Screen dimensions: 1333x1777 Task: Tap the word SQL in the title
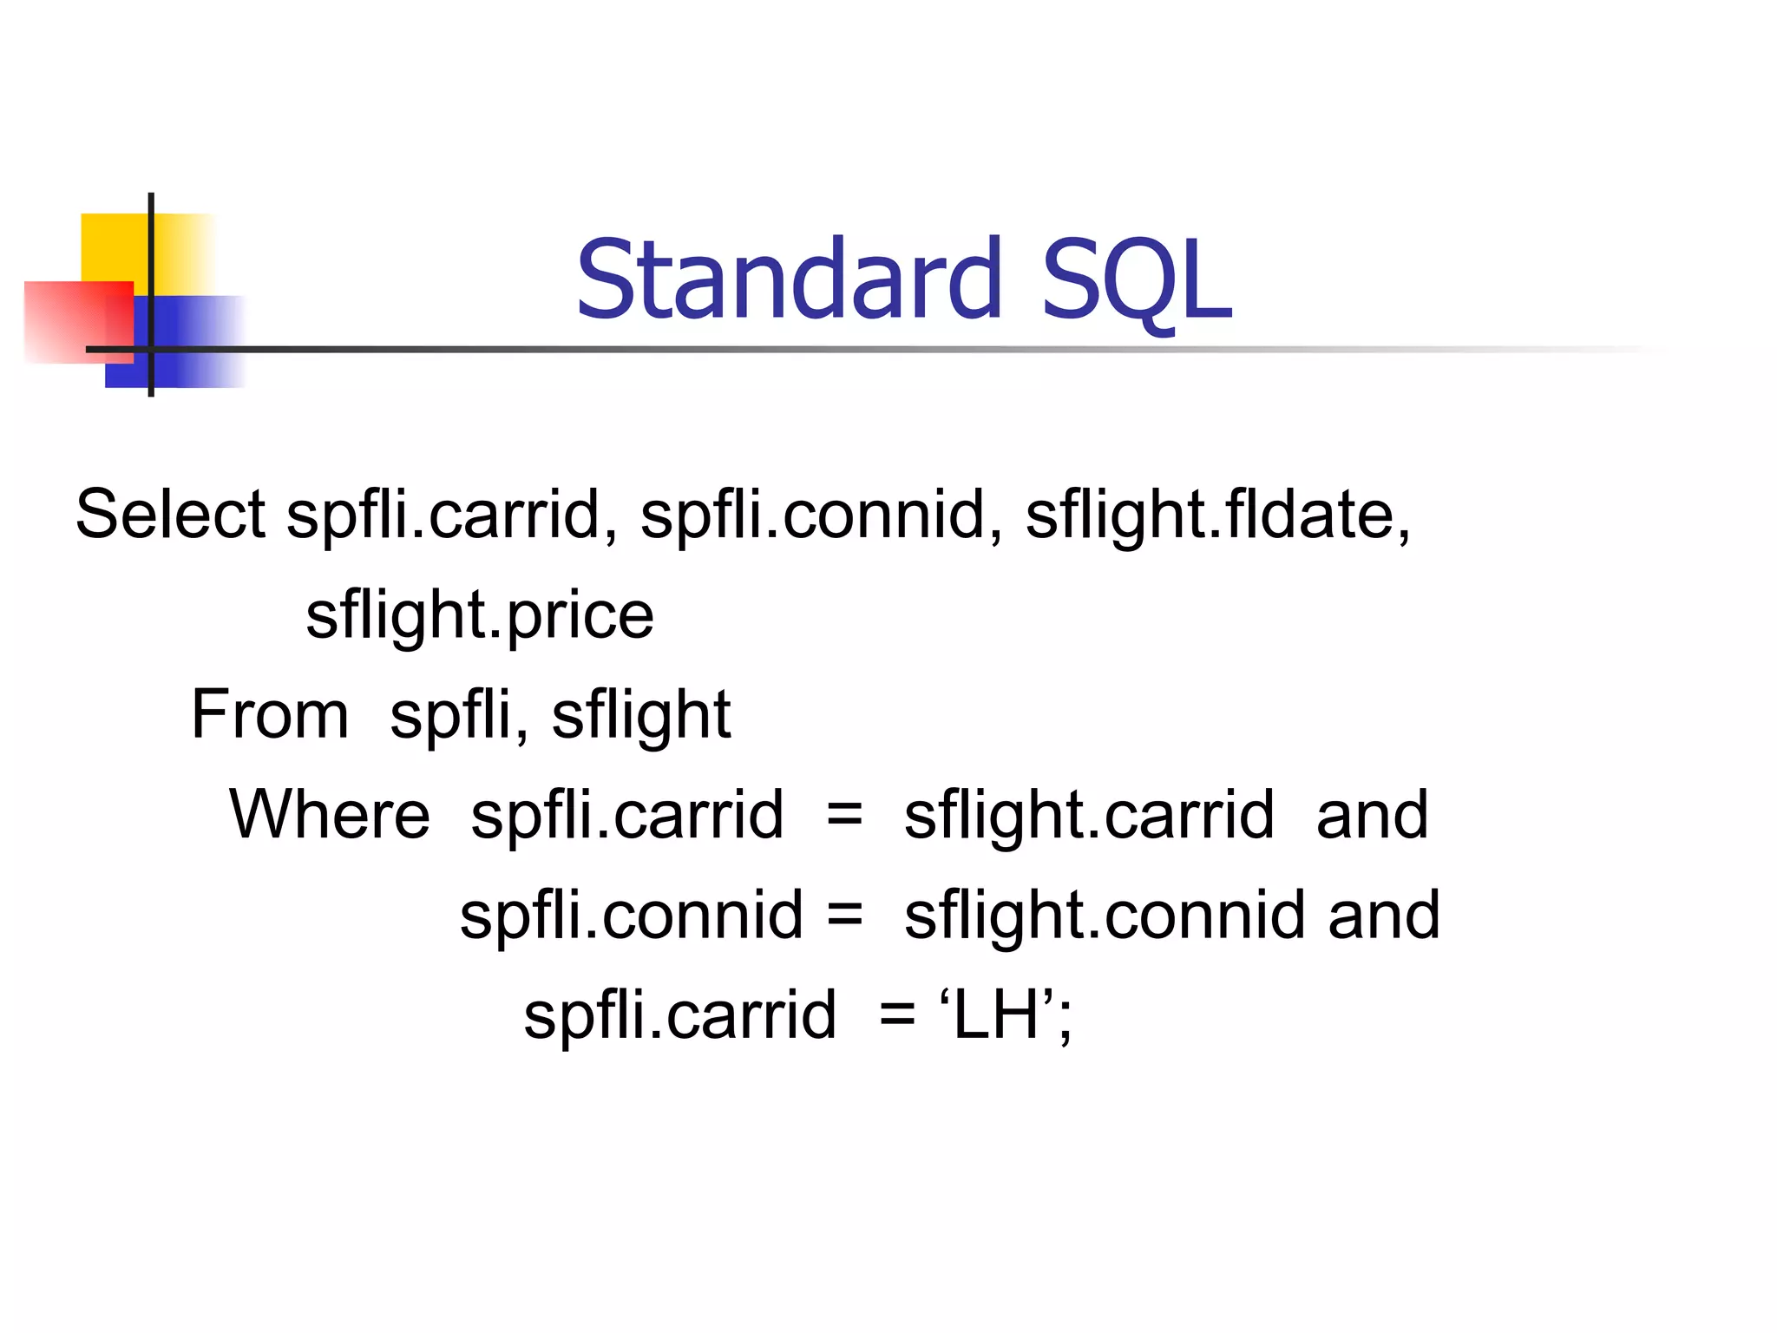click(1136, 280)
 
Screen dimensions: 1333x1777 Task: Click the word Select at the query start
click(170, 514)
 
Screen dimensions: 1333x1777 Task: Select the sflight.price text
click(480, 615)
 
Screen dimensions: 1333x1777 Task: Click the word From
click(270, 714)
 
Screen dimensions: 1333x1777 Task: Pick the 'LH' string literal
click(997, 1015)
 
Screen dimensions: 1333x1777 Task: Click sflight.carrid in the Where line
click(1089, 816)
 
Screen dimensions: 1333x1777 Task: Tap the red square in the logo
click(69, 321)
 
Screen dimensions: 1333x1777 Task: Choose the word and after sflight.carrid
click(1372, 816)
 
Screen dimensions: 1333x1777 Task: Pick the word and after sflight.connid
click(1384, 916)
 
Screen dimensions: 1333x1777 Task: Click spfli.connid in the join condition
click(632, 916)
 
